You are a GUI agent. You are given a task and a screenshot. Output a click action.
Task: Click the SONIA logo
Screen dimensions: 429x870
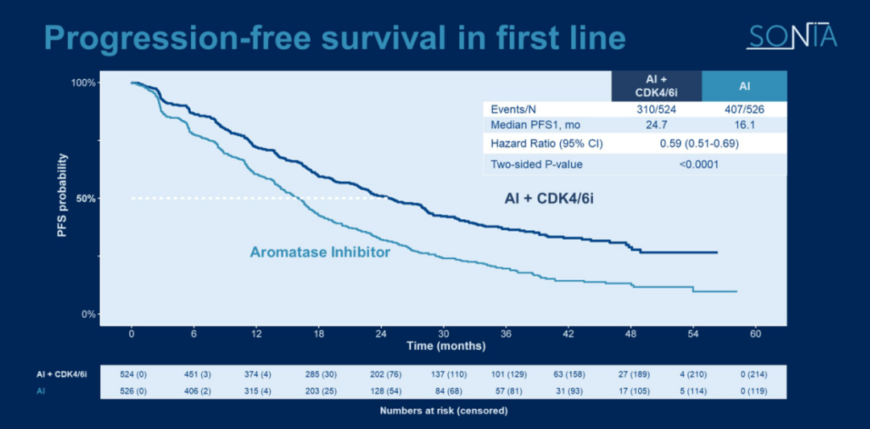[x=791, y=37]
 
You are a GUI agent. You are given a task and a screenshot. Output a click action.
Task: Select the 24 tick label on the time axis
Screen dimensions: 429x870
[x=381, y=334]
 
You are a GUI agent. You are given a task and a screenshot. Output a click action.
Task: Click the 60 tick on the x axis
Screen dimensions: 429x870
[x=756, y=334]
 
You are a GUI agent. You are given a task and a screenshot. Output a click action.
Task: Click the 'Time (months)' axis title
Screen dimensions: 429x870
[x=445, y=346]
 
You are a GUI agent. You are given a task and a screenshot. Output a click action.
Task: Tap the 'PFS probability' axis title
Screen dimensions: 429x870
[x=62, y=196]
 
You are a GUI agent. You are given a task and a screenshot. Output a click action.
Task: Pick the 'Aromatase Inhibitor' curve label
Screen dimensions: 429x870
[x=320, y=253]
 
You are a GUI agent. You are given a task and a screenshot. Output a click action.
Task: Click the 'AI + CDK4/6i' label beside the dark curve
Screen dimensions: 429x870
[x=548, y=196]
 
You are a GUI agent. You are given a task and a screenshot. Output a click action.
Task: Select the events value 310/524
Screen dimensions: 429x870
[x=656, y=109]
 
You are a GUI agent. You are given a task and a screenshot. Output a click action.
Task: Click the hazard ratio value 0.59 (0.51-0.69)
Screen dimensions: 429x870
[x=698, y=144]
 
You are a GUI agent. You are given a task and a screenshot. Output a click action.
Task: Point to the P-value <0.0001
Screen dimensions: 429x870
[x=698, y=164]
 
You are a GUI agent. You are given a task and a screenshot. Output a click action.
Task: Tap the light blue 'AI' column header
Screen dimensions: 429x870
[x=744, y=86]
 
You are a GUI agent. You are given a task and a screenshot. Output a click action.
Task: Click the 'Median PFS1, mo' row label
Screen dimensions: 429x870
[x=535, y=126]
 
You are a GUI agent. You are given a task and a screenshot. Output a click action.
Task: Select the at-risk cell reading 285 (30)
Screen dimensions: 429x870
[x=319, y=374]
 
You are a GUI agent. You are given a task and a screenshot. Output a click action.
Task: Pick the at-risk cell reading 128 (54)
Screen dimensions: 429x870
[x=381, y=391]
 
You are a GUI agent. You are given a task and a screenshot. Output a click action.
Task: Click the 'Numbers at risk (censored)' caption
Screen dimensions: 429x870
[x=443, y=410]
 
